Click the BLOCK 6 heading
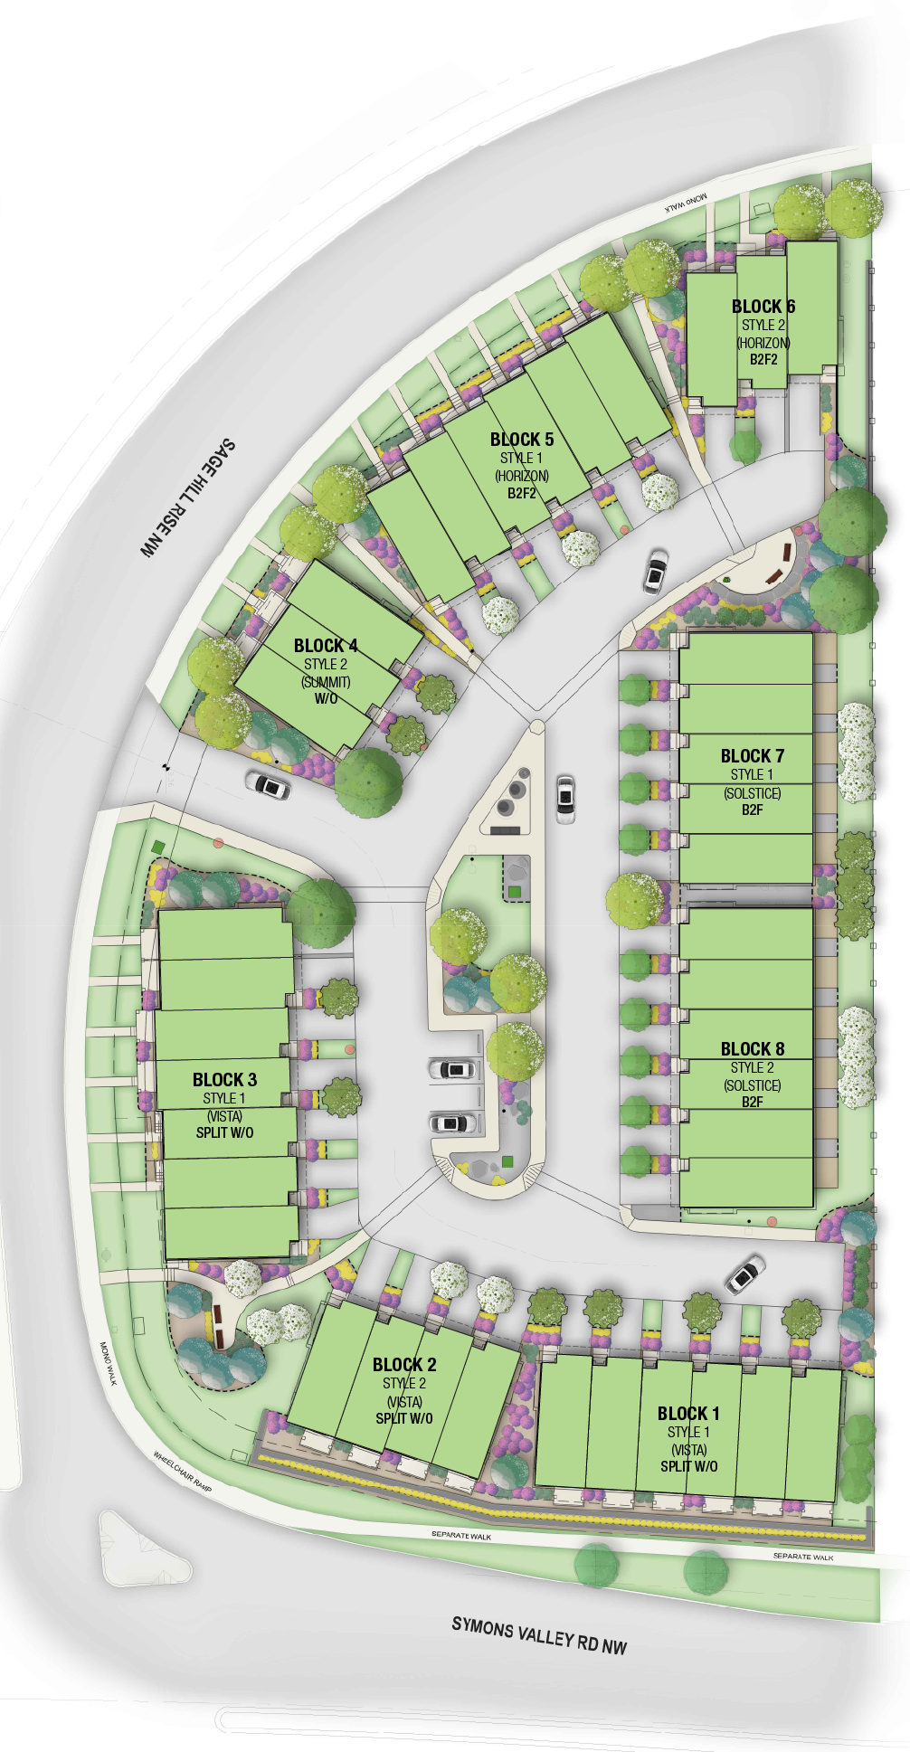(763, 307)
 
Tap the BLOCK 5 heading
(522, 440)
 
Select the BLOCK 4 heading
(326, 646)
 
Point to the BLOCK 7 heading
(752, 756)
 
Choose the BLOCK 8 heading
(752, 1049)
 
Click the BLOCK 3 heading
(224, 1080)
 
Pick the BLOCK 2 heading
(404, 1365)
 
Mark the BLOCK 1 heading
(688, 1414)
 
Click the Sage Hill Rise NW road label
(187, 497)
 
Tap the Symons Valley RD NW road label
(539, 1634)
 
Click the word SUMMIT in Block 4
(326, 682)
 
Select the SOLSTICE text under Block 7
(752, 793)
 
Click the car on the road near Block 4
(269, 784)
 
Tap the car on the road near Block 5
(655, 572)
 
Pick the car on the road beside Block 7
(565, 798)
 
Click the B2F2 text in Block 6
(763, 359)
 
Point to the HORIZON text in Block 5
(522, 476)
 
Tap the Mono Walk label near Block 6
(687, 203)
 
